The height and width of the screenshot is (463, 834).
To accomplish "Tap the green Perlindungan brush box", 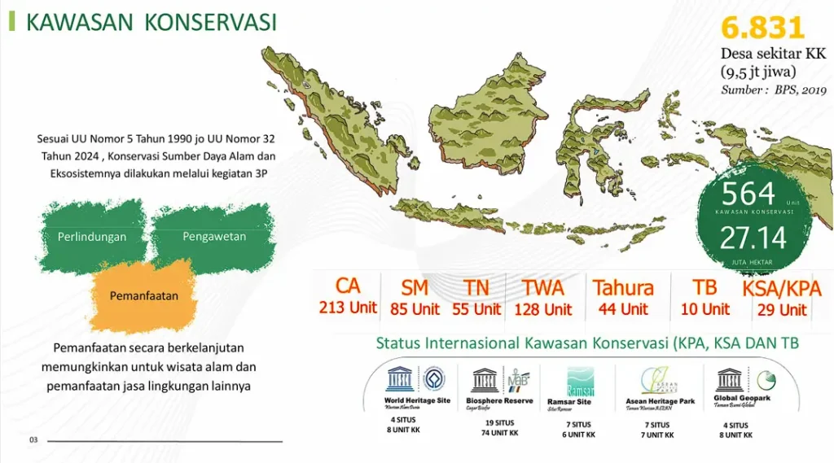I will click(92, 237).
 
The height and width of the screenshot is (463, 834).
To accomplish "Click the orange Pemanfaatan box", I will click(144, 296).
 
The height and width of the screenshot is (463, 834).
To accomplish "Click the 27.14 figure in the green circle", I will click(753, 238).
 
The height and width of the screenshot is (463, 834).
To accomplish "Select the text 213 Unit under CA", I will click(348, 308).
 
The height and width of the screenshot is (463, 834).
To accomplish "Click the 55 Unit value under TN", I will click(476, 309).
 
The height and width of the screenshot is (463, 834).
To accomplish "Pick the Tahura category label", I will click(623, 288).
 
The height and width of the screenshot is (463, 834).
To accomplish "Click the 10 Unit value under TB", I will click(705, 309).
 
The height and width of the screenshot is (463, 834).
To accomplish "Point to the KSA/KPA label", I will click(781, 289).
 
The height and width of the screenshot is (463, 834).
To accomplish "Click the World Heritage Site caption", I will click(416, 400).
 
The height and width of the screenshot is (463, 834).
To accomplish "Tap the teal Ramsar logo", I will click(580, 380).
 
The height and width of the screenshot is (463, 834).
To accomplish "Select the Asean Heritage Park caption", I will click(660, 401).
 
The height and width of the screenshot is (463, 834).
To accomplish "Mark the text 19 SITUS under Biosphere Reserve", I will click(498, 423).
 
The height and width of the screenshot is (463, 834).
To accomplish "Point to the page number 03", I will click(34, 440).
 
